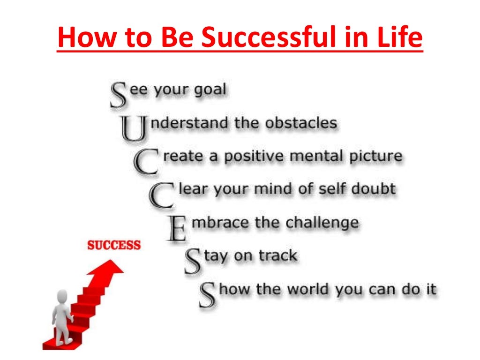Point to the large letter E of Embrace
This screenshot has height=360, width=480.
coord(177,228)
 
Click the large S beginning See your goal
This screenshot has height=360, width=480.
coord(119,95)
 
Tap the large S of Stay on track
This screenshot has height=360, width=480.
coord(193,262)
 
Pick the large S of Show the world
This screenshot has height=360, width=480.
coord(208,294)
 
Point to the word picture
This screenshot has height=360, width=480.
coord(375,156)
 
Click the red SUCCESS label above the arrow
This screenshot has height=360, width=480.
coord(114,245)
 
